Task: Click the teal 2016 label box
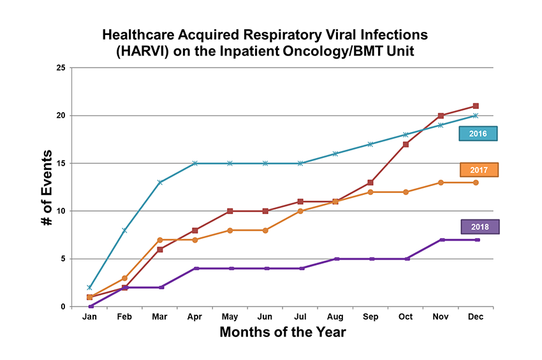point(478,134)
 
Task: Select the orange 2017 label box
point(478,169)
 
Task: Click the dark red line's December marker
point(476,106)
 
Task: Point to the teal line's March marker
point(160,182)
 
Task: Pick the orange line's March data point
point(160,240)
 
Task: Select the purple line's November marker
point(441,240)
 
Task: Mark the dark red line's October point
point(406,144)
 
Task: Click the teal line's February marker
point(125,230)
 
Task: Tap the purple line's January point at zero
point(90,306)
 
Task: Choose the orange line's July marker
point(300,211)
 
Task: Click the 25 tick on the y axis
point(61,68)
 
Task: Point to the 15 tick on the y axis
point(61,163)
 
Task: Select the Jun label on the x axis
point(265,317)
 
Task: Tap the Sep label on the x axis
point(370,317)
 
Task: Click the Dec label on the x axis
point(476,317)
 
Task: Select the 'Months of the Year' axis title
point(282,332)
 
